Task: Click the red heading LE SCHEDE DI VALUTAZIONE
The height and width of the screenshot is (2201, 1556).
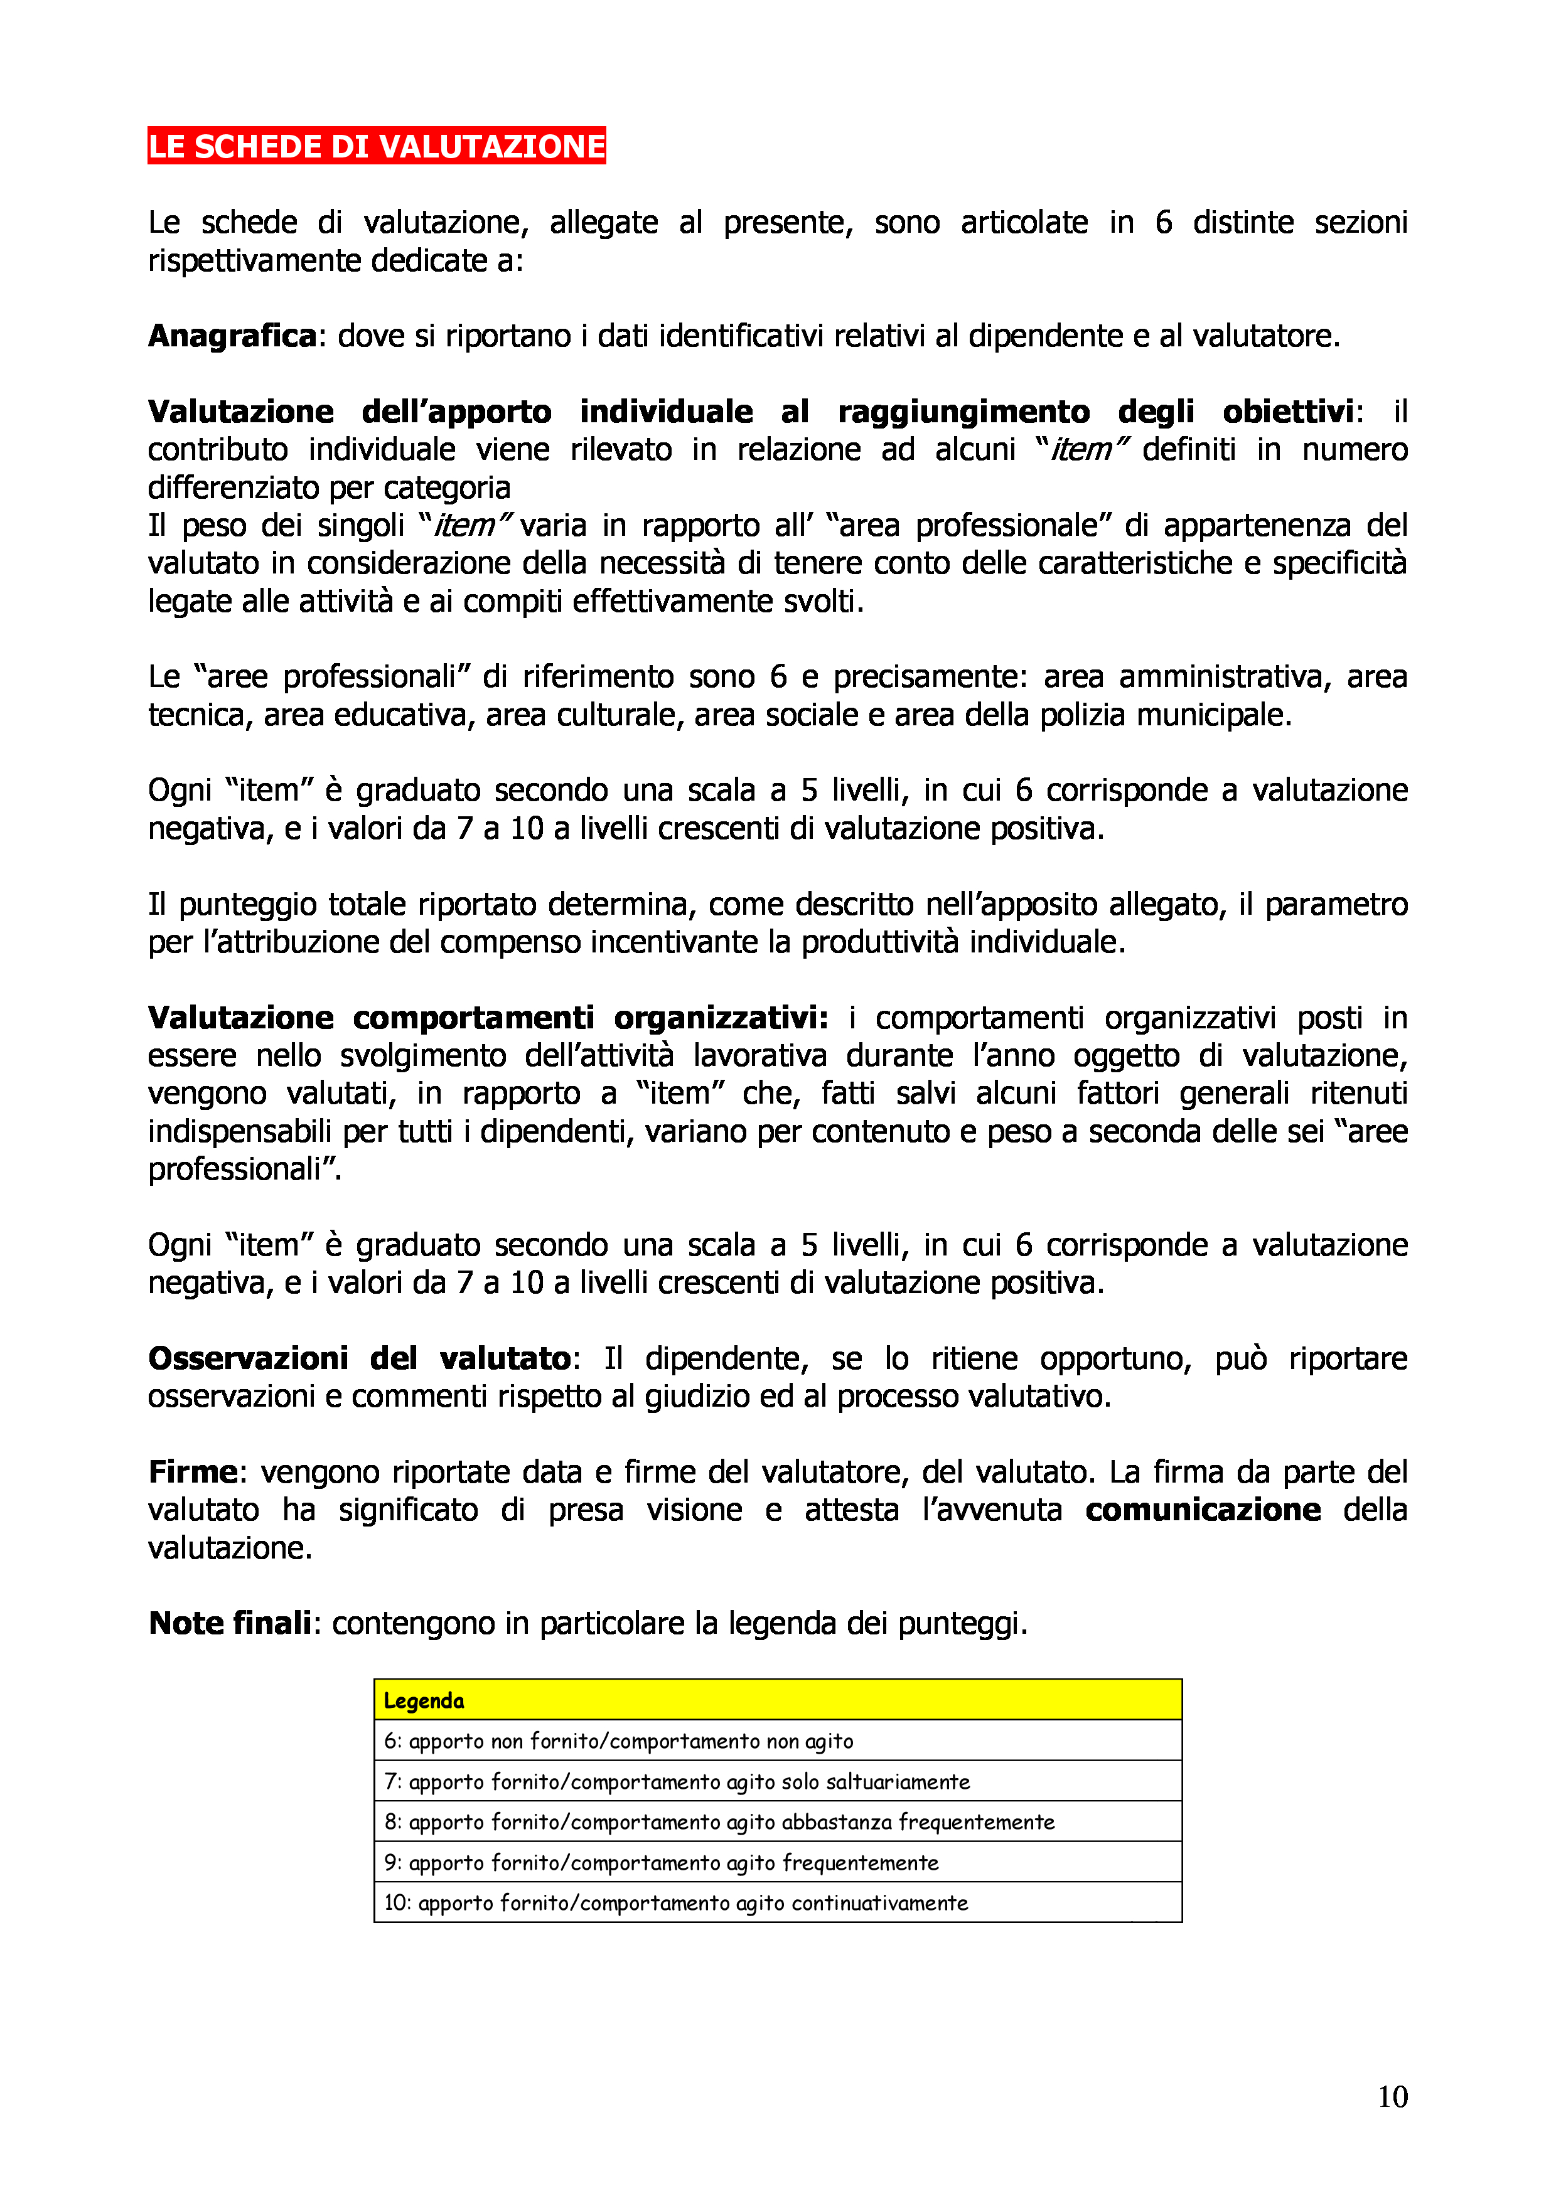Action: (376, 146)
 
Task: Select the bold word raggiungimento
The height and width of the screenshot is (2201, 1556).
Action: (963, 411)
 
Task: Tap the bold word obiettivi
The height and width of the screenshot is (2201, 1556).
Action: (1287, 411)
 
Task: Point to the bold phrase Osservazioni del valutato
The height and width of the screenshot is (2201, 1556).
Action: (360, 1358)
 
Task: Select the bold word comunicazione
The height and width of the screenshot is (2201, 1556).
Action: (1202, 1510)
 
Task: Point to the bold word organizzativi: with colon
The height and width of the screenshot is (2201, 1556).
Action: (721, 1017)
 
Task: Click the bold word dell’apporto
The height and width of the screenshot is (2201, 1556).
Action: (456, 411)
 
